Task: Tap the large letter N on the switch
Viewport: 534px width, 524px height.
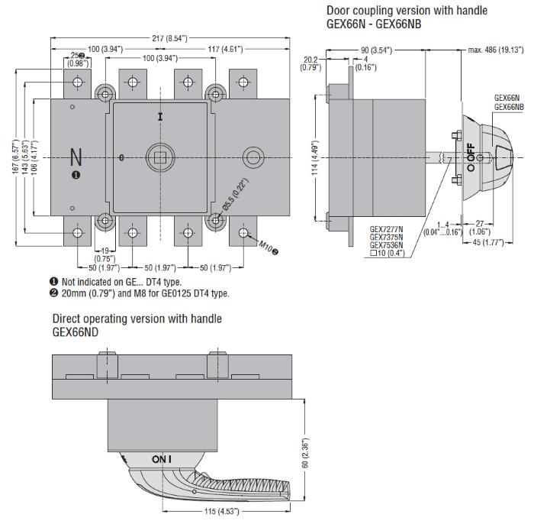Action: tap(76, 157)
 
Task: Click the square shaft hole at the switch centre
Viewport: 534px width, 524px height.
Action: tap(159, 158)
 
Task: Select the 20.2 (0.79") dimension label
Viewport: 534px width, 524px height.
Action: tap(310, 62)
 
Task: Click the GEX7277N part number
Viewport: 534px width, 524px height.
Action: tap(386, 227)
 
